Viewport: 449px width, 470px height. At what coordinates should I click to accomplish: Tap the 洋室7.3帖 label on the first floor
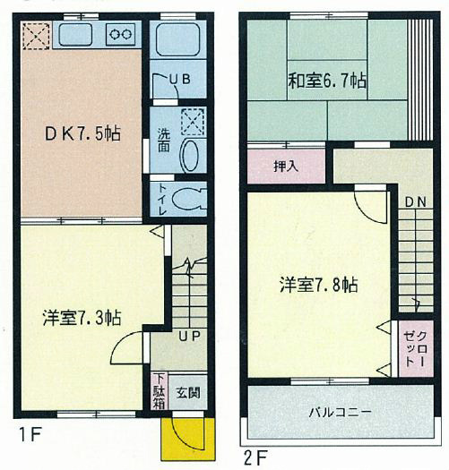tap(82, 317)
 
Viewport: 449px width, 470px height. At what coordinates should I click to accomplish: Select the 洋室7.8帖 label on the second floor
tap(318, 285)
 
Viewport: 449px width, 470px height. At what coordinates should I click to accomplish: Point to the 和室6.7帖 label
tap(326, 80)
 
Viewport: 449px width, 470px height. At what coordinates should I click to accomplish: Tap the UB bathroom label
tap(180, 80)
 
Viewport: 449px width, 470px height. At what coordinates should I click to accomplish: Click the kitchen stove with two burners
tap(120, 35)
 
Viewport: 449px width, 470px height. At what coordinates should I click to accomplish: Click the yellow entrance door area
tap(186, 436)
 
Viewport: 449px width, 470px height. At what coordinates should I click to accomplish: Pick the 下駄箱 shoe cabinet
tap(158, 390)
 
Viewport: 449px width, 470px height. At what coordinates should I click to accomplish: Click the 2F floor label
tap(255, 456)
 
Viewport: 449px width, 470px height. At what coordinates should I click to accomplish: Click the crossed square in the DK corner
tap(36, 34)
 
